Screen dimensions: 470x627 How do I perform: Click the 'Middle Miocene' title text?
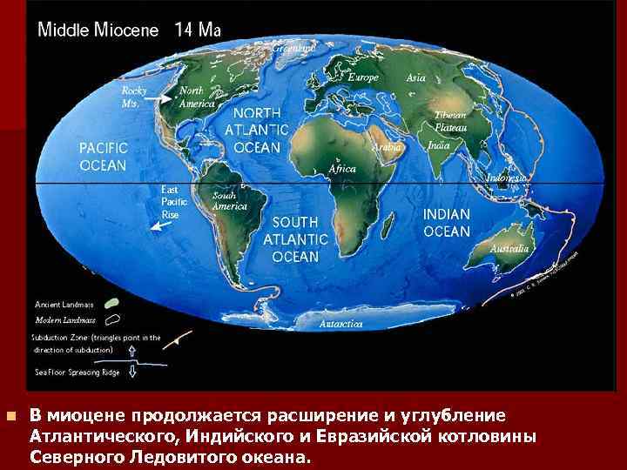[x=98, y=29]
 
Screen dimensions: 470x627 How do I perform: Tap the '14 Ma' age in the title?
[x=198, y=29]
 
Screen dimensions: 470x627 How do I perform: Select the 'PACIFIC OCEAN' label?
[x=103, y=157]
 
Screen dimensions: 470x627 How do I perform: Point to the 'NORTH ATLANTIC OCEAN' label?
[x=257, y=131]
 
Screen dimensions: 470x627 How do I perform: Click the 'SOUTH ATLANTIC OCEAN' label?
[x=295, y=239]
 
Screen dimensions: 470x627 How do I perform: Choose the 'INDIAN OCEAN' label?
[x=447, y=223]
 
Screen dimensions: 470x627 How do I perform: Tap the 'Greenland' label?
[x=293, y=49]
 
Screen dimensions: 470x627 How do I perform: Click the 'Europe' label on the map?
[x=363, y=77]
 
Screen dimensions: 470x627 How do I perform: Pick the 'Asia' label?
[x=416, y=77]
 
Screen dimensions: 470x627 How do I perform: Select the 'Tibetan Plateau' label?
[x=450, y=121]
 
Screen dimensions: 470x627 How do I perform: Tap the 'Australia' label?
[x=509, y=249]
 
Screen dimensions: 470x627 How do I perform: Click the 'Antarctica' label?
[x=341, y=323]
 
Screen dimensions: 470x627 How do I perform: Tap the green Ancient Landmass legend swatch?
[x=112, y=304]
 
